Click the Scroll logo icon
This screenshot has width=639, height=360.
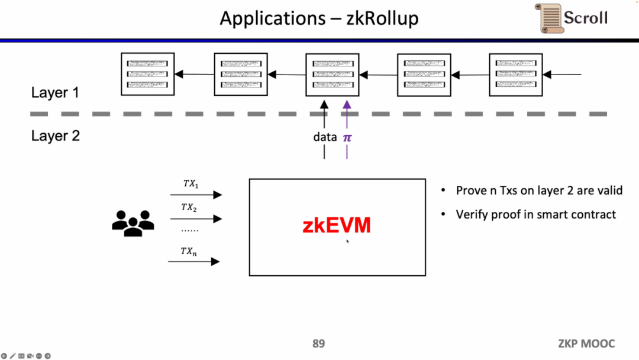point(548,18)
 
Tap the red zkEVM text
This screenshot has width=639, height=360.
point(337,226)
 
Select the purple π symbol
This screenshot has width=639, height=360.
point(347,137)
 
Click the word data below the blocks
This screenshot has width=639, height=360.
point(325,137)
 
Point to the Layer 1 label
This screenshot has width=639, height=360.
point(55,92)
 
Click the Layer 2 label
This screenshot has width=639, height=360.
point(55,136)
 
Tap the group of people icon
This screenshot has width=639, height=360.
point(133,223)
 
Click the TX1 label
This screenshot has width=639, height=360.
point(191,184)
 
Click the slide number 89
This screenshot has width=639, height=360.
point(318,344)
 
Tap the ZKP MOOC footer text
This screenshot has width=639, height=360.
point(586,344)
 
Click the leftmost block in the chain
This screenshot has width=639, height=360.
point(148,74)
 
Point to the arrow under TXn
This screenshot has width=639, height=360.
point(195,261)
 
